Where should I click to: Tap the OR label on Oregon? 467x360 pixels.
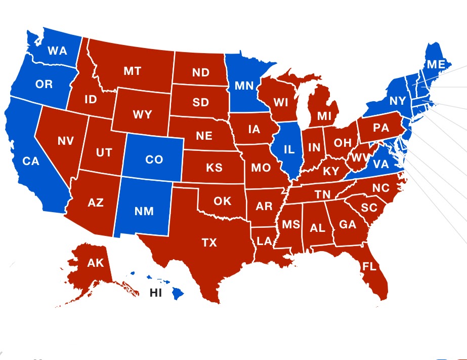point(44,84)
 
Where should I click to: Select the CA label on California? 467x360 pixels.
point(31,161)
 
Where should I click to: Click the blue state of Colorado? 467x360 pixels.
point(154,159)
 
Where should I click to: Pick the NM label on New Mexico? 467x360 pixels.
point(145,211)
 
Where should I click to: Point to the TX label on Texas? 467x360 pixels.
point(209,243)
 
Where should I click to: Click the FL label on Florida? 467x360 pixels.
point(369,266)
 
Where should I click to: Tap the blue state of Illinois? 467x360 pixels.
point(288,149)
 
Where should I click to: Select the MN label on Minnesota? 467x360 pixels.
point(244,85)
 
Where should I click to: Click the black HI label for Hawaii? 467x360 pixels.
point(155,293)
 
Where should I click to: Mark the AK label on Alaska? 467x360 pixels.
point(95,263)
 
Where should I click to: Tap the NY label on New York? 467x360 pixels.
point(398,101)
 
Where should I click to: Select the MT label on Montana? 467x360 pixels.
point(133,71)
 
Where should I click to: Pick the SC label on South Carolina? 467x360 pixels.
point(369,208)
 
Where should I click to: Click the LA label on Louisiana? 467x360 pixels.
point(264,241)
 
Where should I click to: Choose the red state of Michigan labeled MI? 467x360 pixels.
point(324,116)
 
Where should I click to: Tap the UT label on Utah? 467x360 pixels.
point(104,152)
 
